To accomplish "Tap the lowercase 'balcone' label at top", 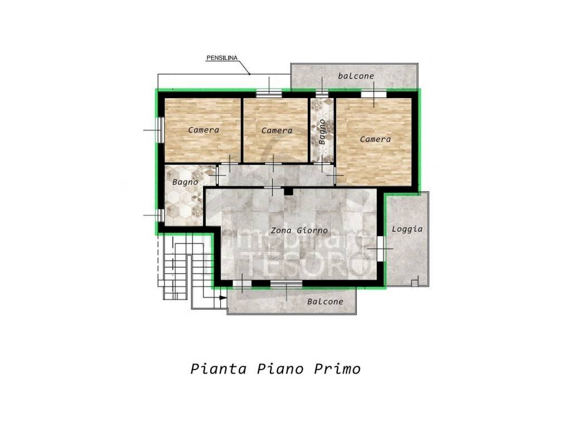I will (x=356, y=75).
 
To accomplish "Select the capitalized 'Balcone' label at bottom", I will (x=325, y=301).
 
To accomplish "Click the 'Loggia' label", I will (x=407, y=228).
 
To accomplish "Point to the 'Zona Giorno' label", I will (x=299, y=230).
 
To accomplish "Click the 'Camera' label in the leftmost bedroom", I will (x=204, y=130).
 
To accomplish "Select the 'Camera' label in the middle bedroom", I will (x=277, y=130).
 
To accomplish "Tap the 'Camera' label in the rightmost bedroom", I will (x=375, y=139).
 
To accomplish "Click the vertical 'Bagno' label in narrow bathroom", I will (x=322, y=132).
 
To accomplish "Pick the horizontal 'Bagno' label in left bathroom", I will (x=185, y=182).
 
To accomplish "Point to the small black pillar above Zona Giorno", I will (x=288, y=192).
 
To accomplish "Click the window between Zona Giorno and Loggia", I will (x=380, y=248).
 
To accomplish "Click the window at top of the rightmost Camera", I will (x=373, y=94).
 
